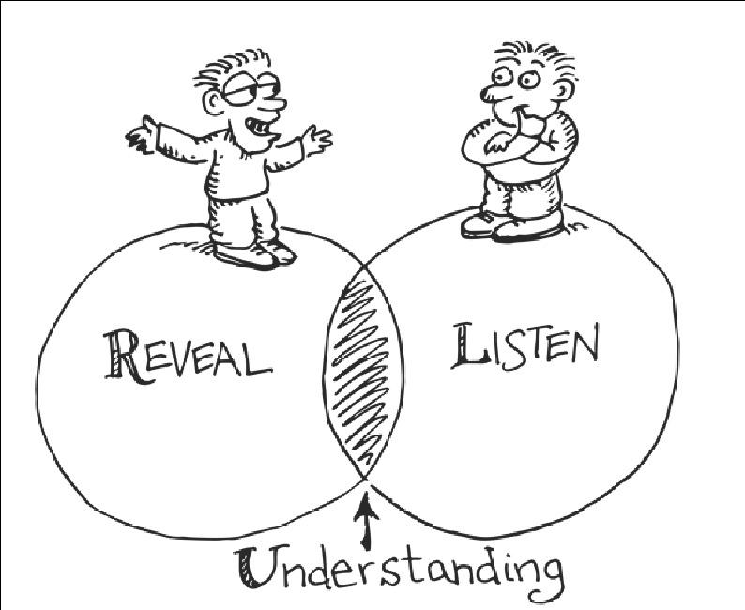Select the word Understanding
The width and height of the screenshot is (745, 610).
coord(398,565)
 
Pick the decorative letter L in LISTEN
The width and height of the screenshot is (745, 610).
coord(464,346)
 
